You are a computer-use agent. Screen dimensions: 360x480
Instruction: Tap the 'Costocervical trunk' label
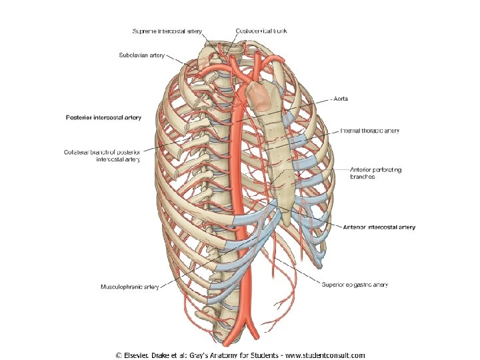coord(263,31)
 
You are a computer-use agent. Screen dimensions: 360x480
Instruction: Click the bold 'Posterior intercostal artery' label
coord(103,117)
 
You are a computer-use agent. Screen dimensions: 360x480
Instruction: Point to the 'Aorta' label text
coord(341,99)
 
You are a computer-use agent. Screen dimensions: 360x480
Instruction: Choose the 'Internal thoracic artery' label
coord(370,131)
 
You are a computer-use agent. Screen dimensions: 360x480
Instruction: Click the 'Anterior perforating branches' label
coord(376,173)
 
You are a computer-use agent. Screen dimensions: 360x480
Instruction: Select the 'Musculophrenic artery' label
coord(129,287)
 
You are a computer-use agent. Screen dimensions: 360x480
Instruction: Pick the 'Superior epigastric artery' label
coord(355,285)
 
